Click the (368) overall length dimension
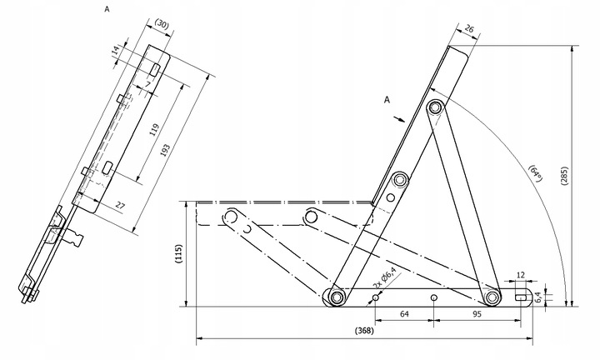pos(363,331)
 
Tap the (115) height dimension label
pos(178,253)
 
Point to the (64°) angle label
pos(536,173)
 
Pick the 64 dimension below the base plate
pos(404,314)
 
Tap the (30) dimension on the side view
pos(162,26)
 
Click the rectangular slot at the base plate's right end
pos(521,297)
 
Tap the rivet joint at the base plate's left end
pos(337,297)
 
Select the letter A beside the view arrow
pos(387,99)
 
